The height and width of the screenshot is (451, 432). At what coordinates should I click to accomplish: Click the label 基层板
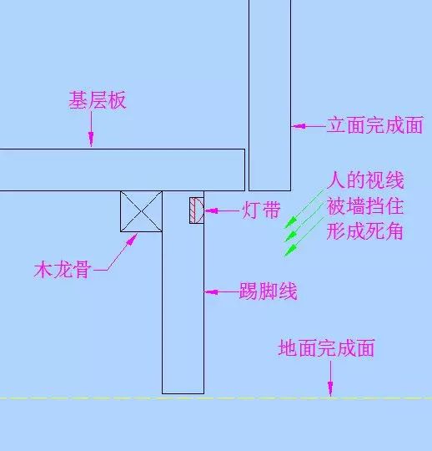tap(98, 100)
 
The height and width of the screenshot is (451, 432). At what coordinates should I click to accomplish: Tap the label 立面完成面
tap(374, 125)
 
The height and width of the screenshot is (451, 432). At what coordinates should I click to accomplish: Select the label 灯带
tap(261, 210)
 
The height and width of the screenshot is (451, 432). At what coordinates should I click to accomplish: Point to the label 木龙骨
tap(63, 270)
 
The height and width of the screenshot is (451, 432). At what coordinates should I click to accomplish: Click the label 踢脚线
tap(268, 291)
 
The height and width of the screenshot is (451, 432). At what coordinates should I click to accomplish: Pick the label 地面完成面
tap(327, 348)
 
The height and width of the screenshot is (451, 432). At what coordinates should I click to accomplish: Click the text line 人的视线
tap(365, 180)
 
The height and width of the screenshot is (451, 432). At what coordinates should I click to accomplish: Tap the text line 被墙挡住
tap(365, 206)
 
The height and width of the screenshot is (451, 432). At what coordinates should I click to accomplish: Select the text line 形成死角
tap(364, 231)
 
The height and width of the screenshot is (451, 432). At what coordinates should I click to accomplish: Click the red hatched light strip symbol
tap(197, 210)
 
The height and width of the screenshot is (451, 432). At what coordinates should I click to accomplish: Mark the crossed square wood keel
tap(141, 211)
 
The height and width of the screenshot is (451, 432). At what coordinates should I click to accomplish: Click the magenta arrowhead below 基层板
tap(91, 139)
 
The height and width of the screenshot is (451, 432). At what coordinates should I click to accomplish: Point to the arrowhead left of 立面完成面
tap(299, 126)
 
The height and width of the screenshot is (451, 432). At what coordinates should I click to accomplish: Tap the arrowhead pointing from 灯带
tap(211, 210)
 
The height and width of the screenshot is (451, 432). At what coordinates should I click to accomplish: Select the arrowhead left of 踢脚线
tap(211, 292)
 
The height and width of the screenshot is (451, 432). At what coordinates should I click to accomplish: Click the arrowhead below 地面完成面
tap(330, 388)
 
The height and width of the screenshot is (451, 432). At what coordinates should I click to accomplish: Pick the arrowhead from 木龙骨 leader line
tap(132, 240)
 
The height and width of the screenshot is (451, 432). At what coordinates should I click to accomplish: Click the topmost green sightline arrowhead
tap(290, 223)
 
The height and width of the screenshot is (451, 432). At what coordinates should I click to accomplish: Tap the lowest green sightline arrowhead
tap(290, 250)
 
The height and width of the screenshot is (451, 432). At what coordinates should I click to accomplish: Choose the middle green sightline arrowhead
tap(290, 236)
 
